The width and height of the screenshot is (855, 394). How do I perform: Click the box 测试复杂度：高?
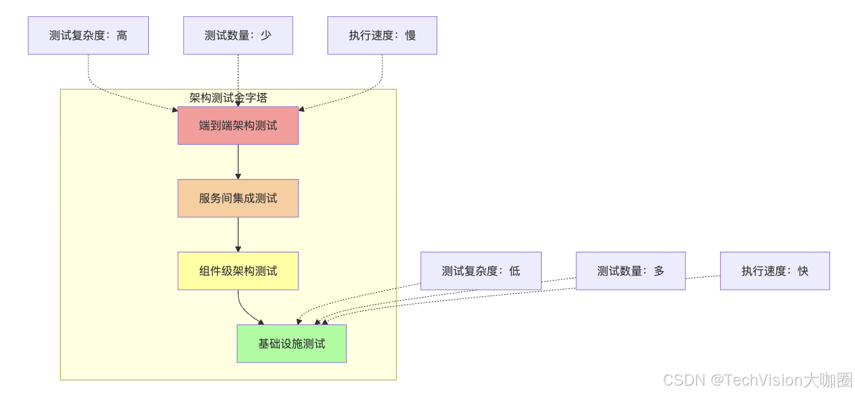(88, 35)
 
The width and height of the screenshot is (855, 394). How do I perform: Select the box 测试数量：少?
(238, 35)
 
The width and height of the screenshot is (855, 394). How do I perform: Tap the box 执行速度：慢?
(382, 35)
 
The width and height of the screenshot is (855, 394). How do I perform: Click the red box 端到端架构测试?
(238, 126)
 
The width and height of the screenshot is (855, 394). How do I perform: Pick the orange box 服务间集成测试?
(238, 198)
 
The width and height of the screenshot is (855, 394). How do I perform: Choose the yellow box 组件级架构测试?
(238, 271)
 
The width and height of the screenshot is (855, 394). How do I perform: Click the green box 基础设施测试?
(291, 344)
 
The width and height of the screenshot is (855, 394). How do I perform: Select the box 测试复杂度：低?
(480, 271)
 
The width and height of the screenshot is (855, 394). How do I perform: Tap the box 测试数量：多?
(630, 271)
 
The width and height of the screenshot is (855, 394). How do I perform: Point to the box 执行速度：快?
(774, 271)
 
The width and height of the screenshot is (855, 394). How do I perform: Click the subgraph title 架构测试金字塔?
(228, 98)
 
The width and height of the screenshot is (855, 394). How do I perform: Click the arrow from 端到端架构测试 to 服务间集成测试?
(238, 162)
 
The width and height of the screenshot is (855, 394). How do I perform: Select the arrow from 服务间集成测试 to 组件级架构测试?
(238, 234)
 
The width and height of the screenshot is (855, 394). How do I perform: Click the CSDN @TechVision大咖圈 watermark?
(758, 380)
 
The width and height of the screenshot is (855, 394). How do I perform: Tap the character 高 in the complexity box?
(122, 35)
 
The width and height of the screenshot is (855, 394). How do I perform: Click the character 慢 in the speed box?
(410, 35)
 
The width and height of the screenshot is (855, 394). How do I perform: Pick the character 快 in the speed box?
(802, 271)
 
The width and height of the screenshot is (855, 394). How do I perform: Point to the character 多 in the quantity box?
(658, 271)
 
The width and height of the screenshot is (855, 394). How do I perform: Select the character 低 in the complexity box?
(514, 271)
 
